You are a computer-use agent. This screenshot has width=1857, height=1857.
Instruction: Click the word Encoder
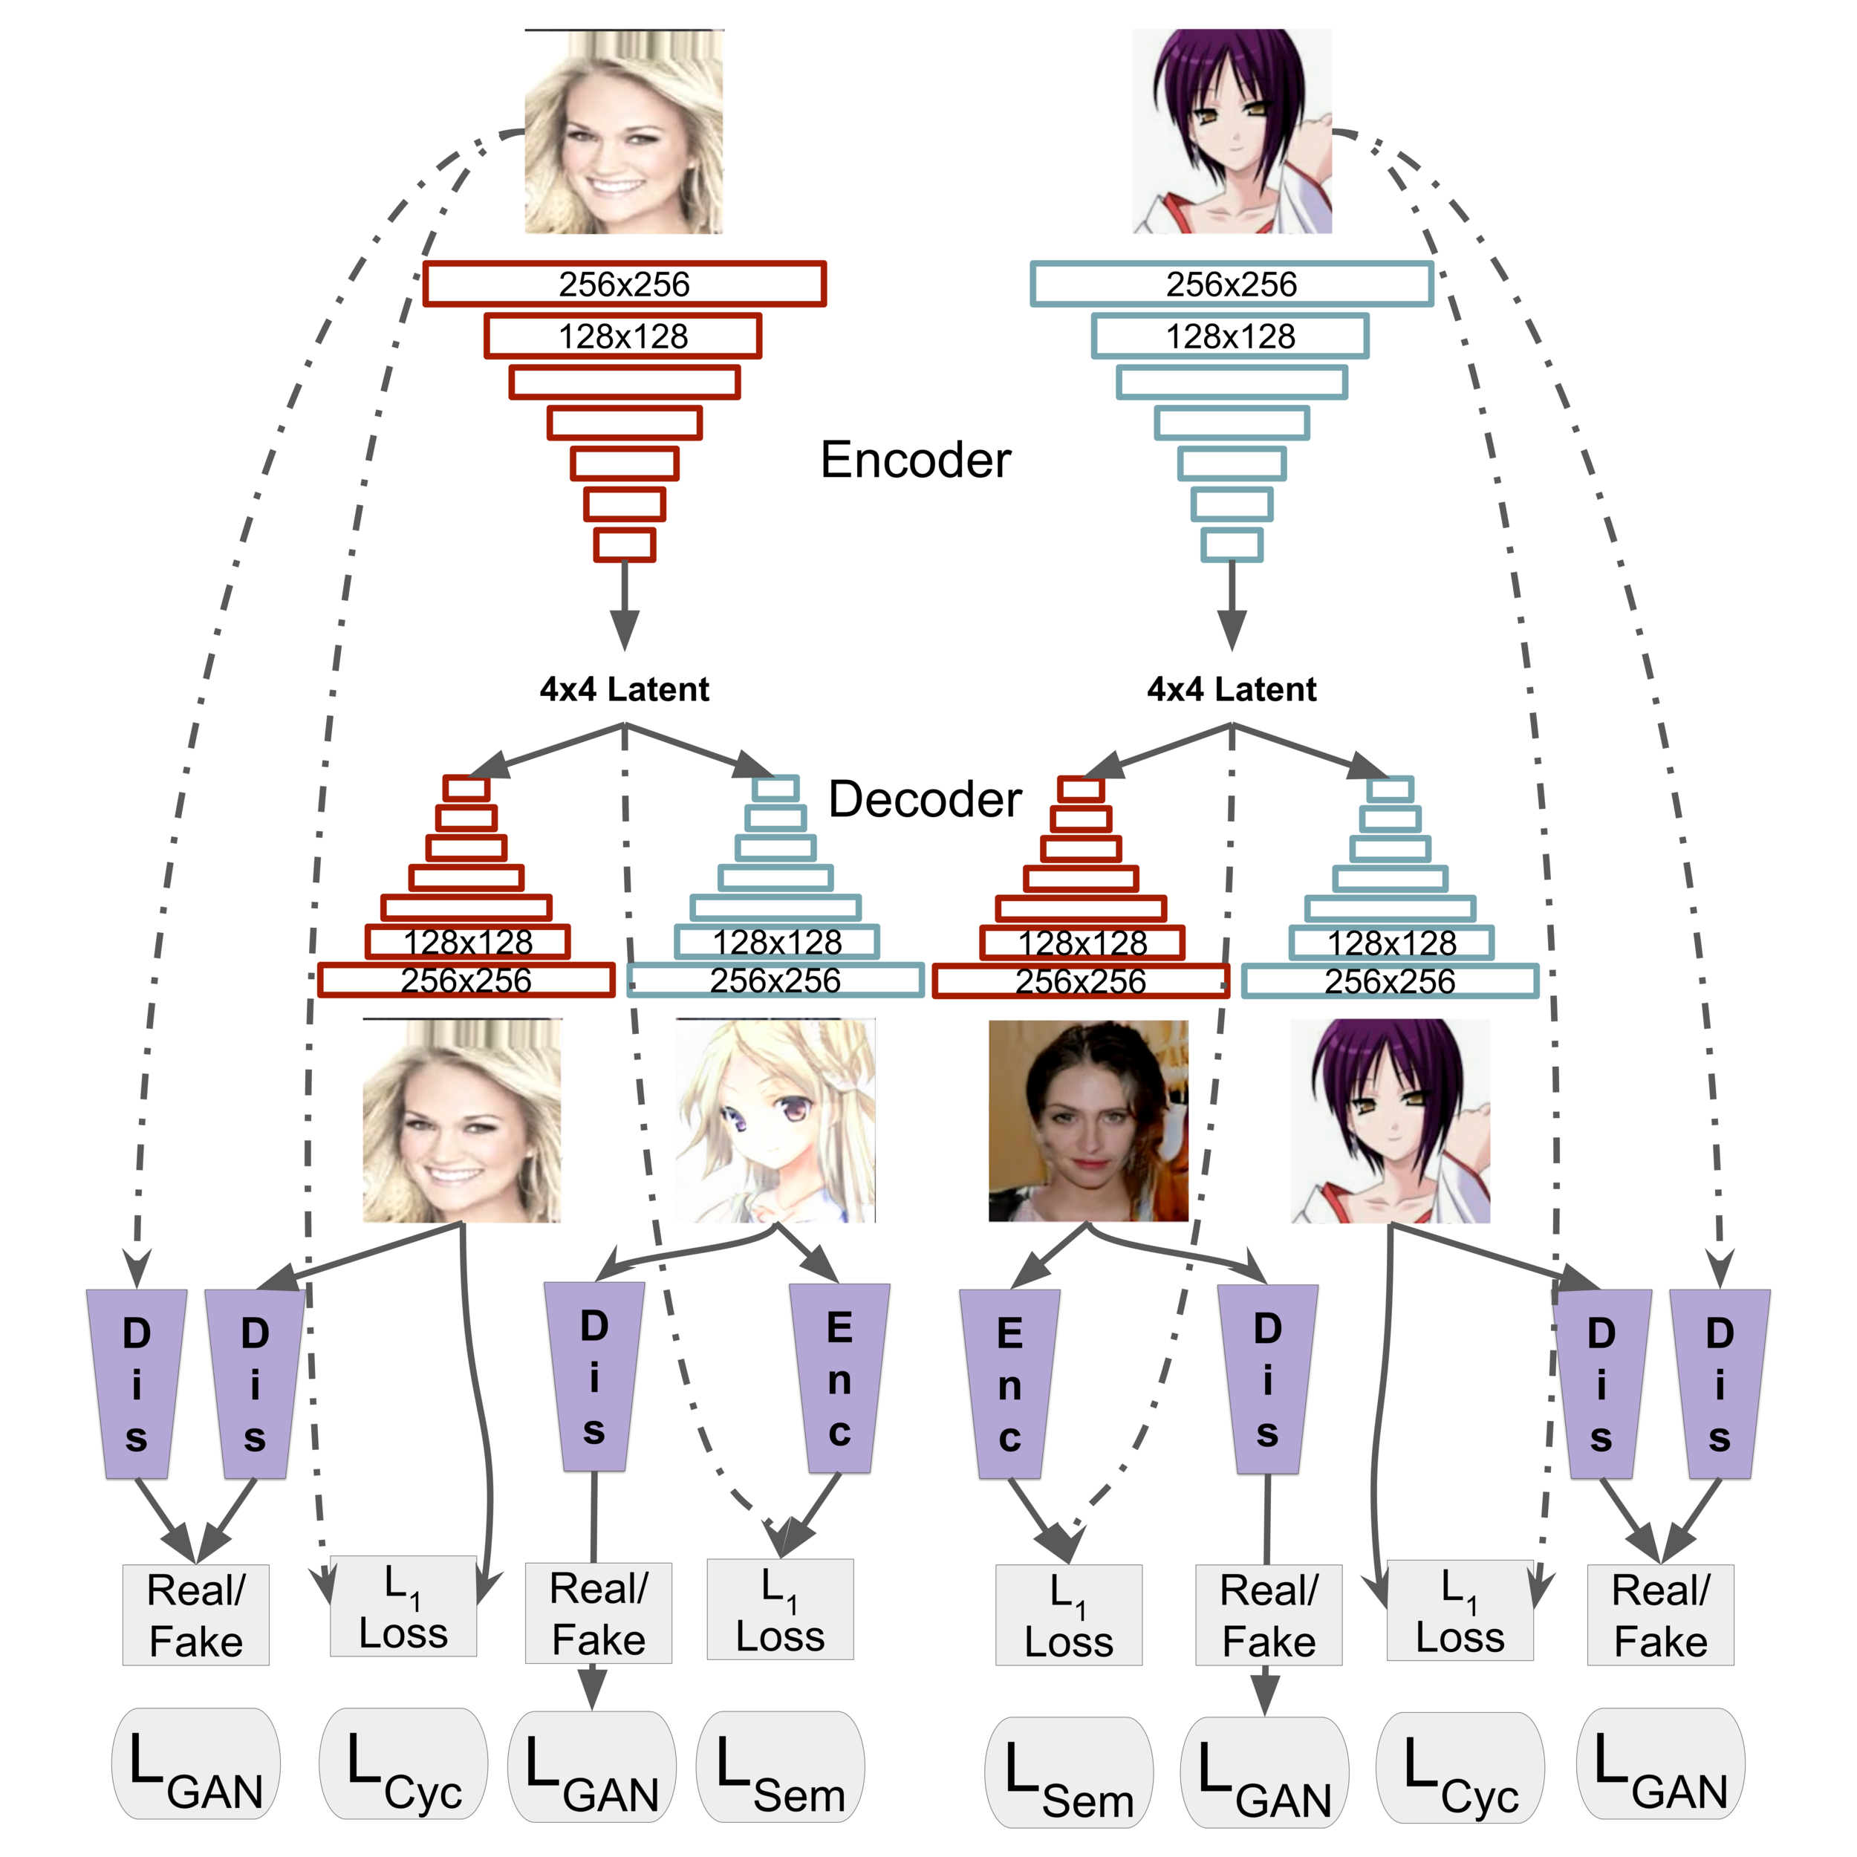tap(915, 461)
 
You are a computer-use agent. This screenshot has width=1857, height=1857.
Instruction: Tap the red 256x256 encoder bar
tap(625, 284)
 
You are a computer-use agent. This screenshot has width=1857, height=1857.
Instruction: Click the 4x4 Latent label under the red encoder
tap(625, 689)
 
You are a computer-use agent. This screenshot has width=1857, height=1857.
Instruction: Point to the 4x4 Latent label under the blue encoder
tap(1232, 689)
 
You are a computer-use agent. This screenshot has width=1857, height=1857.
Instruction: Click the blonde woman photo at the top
tap(624, 131)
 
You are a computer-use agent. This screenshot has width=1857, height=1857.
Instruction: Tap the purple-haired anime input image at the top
tap(1232, 131)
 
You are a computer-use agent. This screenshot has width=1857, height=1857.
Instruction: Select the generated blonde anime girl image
tap(775, 1121)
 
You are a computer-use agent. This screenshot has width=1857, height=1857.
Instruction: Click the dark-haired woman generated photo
tap(1088, 1121)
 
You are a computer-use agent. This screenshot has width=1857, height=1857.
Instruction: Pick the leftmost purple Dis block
tap(137, 1384)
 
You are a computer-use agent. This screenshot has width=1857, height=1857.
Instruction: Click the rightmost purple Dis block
tap(1720, 1384)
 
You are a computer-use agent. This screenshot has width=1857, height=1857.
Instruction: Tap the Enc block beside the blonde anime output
tap(839, 1379)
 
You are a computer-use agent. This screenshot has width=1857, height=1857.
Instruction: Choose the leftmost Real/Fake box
tap(196, 1615)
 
